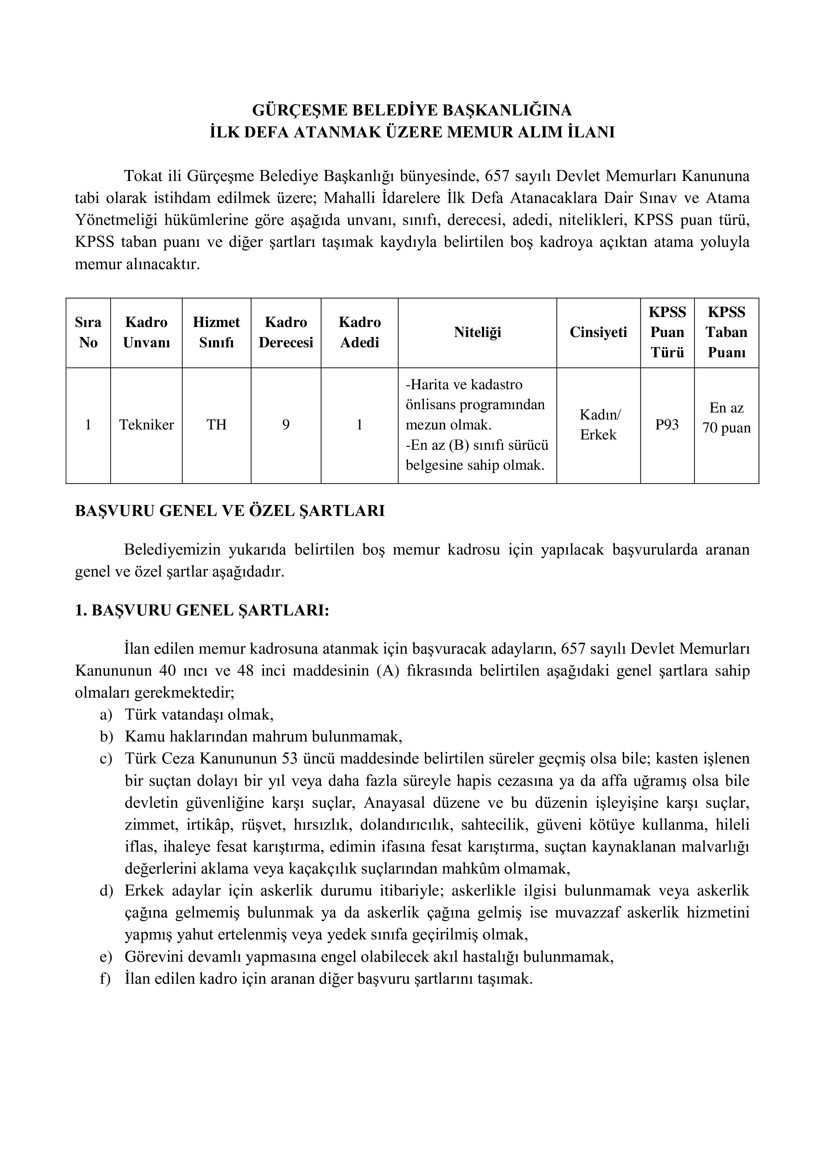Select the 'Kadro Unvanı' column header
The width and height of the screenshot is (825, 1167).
click(146, 332)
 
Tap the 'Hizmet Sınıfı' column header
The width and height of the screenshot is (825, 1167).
click(216, 332)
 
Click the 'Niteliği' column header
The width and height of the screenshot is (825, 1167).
click(477, 332)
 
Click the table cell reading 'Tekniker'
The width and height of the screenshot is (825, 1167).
click(146, 425)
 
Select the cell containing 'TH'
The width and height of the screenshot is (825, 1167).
click(216, 425)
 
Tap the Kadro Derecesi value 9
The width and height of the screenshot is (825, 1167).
click(286, 425)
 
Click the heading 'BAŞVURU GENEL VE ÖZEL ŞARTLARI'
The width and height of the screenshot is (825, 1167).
click(230, 511)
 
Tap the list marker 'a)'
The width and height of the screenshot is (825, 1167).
click(106, 715)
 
